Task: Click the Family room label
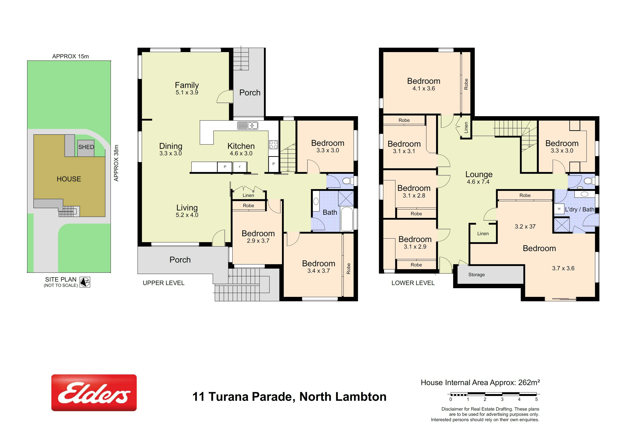click(x=187, y=85)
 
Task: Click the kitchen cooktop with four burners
click(x=273, y=145)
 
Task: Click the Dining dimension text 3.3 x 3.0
click(x=171, y=153)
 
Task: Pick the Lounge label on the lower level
click(x=479, y=174)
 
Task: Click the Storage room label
click(x=476, y=275)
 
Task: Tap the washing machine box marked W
click(x=559, y=209)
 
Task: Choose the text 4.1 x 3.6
click(x=424, y=88)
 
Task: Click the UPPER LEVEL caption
click(x=164, y=283)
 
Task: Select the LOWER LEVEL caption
click(x=413, y=283)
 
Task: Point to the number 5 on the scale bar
click(x=536, y=399)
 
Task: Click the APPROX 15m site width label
click(x=70, y=56)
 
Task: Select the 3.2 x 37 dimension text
click(x=525, y=227)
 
